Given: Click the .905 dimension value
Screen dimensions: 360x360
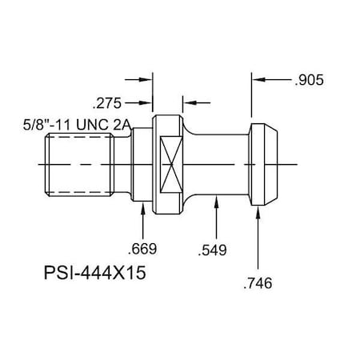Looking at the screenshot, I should click(309, 80).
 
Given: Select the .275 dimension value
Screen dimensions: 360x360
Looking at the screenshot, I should click(108, 102).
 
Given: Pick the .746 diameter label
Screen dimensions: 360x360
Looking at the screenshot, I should click(258, 282).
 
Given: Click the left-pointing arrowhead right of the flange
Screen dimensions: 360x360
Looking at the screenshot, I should click(189, 102).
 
